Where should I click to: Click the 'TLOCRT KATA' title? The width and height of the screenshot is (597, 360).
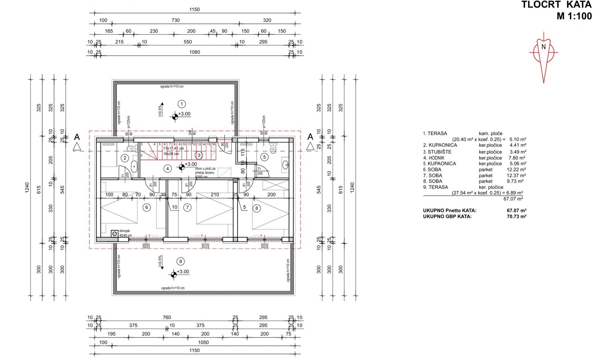556,5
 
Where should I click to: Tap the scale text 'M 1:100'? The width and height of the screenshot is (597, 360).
574,16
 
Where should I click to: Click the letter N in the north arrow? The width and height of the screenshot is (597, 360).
543,47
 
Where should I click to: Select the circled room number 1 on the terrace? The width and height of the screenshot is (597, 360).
182,104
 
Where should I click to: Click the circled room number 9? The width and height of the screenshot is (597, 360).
181,261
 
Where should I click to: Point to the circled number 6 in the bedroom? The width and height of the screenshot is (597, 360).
146,207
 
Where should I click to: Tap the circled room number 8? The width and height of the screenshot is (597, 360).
256,208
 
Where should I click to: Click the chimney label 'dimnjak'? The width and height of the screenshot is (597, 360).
125,231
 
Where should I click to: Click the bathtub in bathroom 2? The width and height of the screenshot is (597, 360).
134,166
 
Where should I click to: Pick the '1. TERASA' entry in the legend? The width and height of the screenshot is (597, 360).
435,133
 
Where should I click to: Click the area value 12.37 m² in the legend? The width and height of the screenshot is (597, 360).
516,175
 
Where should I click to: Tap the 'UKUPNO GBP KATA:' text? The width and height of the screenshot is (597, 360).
447,216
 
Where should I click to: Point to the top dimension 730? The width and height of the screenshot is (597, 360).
176,20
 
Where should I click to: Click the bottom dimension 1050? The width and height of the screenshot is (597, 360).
203,342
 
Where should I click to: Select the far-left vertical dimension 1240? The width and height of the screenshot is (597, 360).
27,187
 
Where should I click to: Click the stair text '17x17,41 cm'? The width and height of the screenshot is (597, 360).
173,148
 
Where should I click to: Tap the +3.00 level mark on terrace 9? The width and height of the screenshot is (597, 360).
183,272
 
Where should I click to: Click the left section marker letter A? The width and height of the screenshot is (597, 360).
77,137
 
